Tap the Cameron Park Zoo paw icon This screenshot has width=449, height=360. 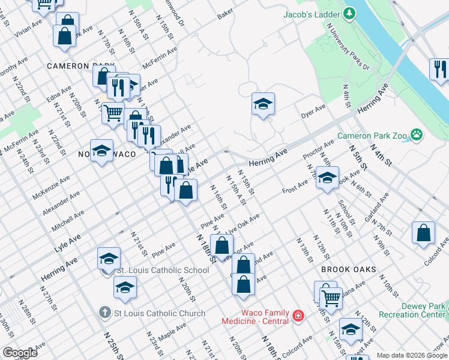(415, 136)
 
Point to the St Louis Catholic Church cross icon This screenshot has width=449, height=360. (104, 313)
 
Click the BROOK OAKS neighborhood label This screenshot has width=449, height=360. (348, 270)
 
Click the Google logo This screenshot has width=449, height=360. (20, 352)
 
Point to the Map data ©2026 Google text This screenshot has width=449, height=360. (411, 355)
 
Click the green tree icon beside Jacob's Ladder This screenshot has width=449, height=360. (349, 13)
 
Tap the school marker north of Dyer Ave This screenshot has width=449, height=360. (263, 105)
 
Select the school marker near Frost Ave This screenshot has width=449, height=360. (327, 178)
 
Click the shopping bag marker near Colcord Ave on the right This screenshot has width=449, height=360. (424, 234)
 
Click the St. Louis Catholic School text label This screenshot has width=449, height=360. (162, 271)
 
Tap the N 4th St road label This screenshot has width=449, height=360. (380, 154)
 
